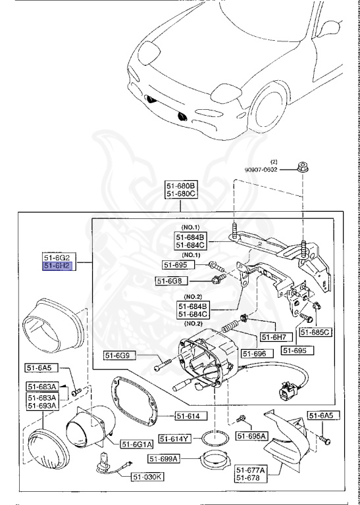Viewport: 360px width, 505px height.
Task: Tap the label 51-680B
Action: click(180, 186)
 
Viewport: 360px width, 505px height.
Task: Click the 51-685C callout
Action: click(316, 332)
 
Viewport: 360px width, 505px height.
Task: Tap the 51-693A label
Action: click(42, 406)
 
